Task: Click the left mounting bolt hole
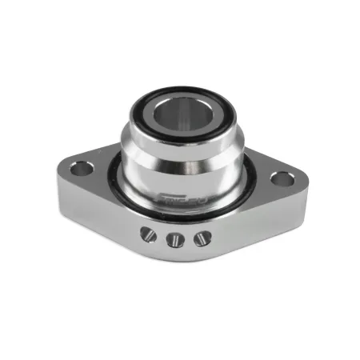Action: tap(78, 170)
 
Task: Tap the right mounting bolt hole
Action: tap(279, 178)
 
